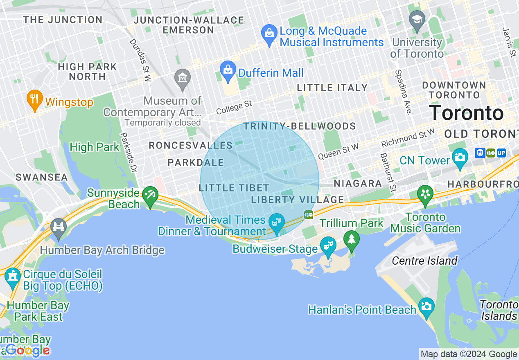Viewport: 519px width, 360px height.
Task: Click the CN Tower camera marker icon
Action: (x=460, y=157)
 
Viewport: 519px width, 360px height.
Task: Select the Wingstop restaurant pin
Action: (x=35, y=99)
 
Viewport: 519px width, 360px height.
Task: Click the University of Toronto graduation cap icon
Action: (x=417, y=20)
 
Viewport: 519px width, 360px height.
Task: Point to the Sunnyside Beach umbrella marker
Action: (x=150, y=196)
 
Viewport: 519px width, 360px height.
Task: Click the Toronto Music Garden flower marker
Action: (x=425, y=194)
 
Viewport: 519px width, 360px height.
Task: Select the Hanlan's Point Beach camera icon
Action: (x=426, y=307)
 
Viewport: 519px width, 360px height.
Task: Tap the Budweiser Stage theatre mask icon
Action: (x=328, y=246)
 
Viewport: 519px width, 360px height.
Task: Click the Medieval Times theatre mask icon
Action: (x=277, y=223)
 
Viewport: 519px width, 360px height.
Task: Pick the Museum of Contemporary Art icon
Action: (x=182, y=78)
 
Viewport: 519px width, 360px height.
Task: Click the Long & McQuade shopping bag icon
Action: (x=269, y=34)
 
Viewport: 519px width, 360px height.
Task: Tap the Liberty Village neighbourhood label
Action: (x=298, y=200)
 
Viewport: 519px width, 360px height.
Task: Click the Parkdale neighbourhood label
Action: (x=196, y=163)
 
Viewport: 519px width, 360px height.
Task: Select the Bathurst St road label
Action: (x=388, y=172)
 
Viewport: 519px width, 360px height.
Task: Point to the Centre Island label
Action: (x=424, y=261)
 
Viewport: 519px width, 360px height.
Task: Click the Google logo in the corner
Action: (x=27, y=350)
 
